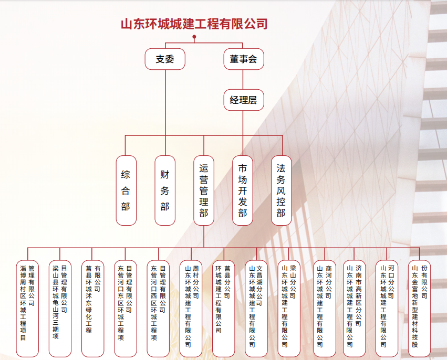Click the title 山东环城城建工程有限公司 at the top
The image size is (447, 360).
pos(194,24)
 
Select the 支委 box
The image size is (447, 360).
pos(165,59)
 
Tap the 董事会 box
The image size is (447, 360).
pos(243,59)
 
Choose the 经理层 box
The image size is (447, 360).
pos(243,100)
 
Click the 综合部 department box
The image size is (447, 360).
pos(126,190)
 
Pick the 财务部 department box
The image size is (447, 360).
pos(165,190)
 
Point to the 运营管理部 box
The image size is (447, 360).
pos(204,190)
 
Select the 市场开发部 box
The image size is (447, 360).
pos(243,190)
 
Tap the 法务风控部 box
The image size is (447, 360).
pos(281,190)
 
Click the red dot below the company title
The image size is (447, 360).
pos(194,37)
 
